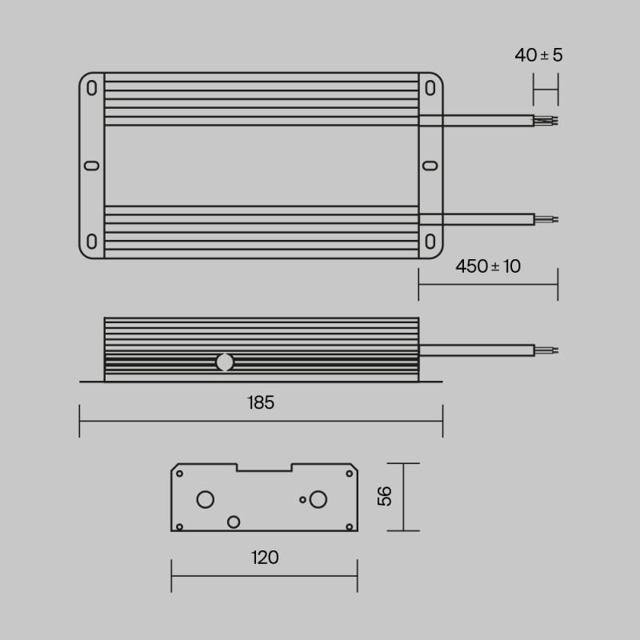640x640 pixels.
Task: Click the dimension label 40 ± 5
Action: point(538,55)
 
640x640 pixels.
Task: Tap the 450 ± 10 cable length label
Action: point(488,266)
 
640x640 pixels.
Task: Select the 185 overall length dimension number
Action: point(261,403)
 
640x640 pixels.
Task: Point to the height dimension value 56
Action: point(386,496)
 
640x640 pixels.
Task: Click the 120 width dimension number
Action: point(264,558)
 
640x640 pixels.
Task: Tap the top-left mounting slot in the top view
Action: point(92,88)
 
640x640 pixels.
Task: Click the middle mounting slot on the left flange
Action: point(91,166)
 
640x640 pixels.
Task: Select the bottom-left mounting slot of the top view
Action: point(92,242)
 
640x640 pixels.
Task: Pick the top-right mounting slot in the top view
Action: point(430,88)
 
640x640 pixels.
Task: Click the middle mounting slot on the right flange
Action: point(430,166)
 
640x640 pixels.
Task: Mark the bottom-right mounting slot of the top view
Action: point(430,242)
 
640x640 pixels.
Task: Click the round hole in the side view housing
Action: point(225,362)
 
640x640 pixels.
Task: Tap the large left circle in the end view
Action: point(206,500)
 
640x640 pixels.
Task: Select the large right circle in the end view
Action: point(318,500)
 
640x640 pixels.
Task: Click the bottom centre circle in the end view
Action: point(234,522)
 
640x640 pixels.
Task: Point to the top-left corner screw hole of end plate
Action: point(179,474)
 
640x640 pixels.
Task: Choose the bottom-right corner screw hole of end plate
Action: point(350,526)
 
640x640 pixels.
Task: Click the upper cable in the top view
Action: point(477,121)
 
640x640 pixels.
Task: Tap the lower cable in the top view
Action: point(477,219)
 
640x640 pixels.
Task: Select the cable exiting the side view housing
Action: point(477,350)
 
